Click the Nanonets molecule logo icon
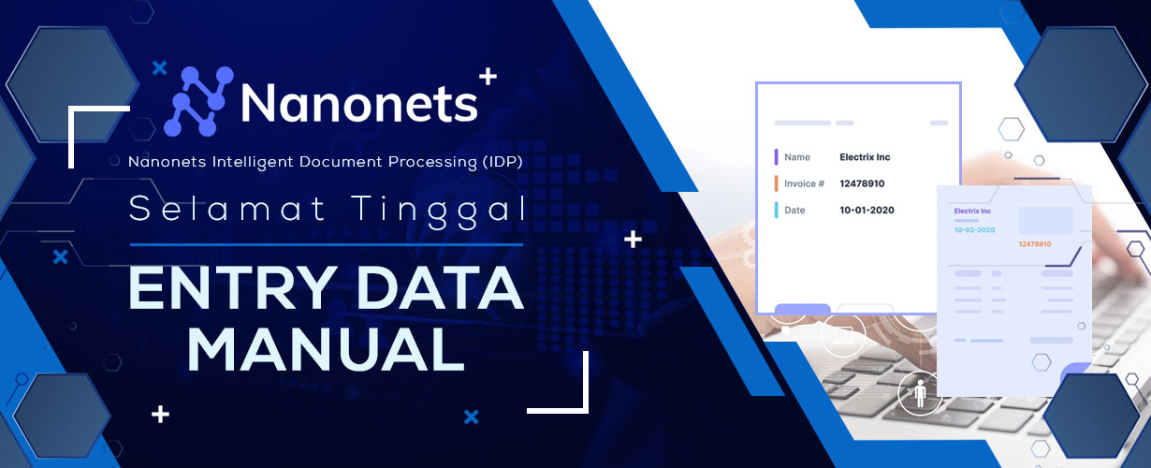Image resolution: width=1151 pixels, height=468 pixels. (198, 101)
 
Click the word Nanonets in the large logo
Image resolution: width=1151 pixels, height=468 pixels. (359, 104)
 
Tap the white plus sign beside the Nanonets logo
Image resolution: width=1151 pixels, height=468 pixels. (488, 77)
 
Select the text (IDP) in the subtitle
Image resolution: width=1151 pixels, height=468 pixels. (503, 162)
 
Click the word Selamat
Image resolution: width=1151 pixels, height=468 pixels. (227, 209)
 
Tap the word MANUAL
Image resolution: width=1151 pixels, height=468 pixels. (327, 349)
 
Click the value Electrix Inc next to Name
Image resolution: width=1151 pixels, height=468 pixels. (865, 157)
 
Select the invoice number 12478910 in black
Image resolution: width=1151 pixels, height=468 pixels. (862, 183)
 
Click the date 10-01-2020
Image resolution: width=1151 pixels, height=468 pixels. (867, 210)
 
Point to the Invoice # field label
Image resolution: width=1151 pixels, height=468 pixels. (804, 183)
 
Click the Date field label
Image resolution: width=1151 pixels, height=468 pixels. (794, 210)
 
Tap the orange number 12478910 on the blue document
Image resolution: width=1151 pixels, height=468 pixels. (1035, 244)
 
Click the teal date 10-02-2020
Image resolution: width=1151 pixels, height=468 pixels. (974, 230)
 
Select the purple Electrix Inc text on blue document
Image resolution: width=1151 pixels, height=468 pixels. (972, 212)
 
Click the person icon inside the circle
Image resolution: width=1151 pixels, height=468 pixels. (921, 394)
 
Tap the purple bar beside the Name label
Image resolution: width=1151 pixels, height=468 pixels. (776, 157)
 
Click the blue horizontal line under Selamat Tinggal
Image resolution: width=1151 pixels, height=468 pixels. (327, 245)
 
